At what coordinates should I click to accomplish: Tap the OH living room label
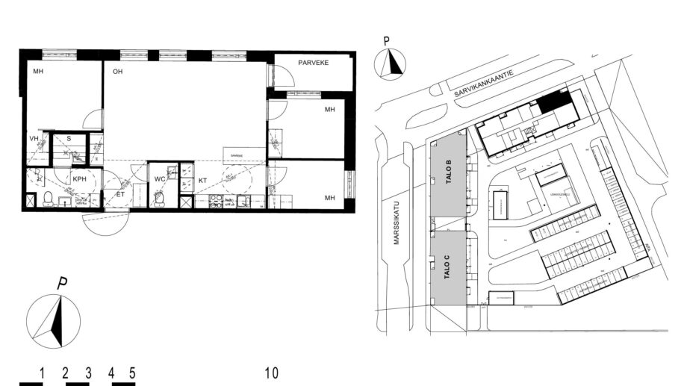pos(117,72)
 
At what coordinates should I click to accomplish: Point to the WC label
pos(159,180)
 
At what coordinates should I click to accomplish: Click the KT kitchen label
pos(202,181)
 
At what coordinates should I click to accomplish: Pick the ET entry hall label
pos(118,195)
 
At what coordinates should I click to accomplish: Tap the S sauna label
pos(69,139)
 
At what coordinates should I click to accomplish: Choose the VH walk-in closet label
pos(34,139)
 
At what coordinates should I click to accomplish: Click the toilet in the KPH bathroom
pos(47,199)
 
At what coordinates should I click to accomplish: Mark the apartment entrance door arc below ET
pos(105,222)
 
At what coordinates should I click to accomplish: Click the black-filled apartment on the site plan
pos(553,101)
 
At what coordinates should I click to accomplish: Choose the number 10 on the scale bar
pos(271,372)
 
